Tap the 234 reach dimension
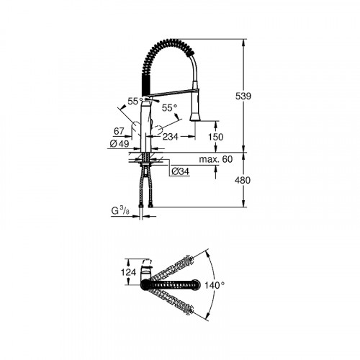(x=171, y=136)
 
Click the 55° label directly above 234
(x=169, y=107)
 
